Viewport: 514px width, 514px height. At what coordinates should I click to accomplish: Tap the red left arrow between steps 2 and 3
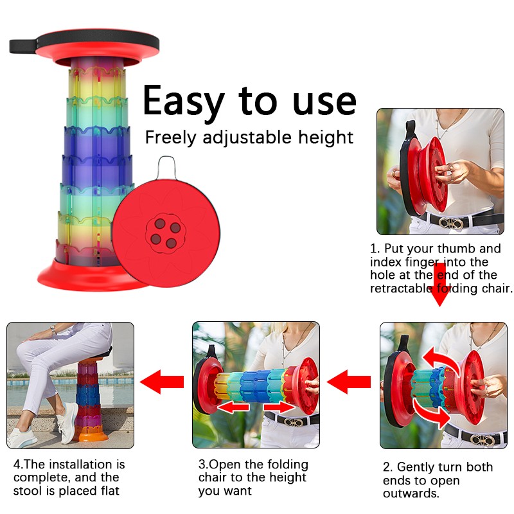click(350, 382)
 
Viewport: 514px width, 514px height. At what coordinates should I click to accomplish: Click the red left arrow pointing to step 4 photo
click(162, 382)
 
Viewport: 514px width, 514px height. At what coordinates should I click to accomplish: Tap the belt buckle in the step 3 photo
click(296, 423)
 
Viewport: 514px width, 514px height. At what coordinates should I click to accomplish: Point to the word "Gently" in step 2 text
click(418, 467)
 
